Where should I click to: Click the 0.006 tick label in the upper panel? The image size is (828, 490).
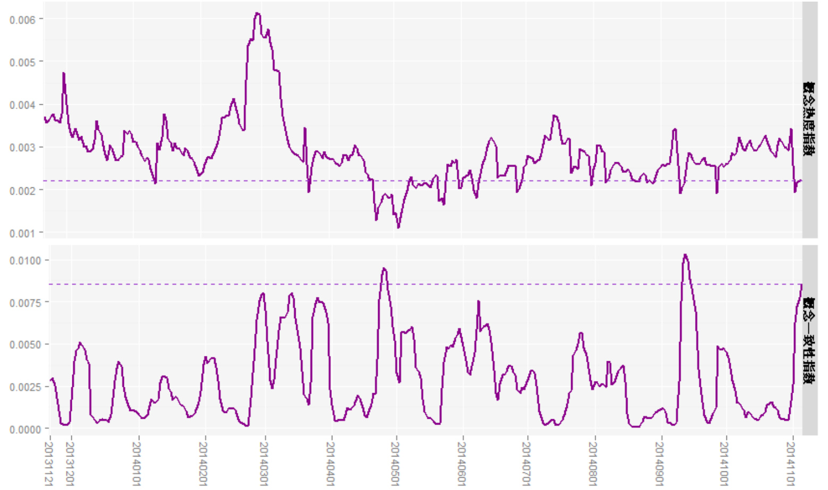point(22,19)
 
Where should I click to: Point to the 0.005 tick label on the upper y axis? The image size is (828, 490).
point(22,62)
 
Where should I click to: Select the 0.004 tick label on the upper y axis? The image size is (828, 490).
point(22,105)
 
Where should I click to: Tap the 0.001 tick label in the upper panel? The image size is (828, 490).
point(22,233)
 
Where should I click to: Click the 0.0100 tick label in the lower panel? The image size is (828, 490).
point(25,260)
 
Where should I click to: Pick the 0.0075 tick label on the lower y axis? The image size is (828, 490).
point(25,302)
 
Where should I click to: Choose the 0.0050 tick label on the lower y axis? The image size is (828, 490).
point(25,344)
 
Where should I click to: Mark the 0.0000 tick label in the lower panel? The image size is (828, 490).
point(25,429)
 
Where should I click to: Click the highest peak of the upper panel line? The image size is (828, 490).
point(257,13)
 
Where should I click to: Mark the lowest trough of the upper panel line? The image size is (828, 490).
point(398,227)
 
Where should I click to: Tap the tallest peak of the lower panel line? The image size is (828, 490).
point(685,255)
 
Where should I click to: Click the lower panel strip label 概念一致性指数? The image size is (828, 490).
point(809,340)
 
